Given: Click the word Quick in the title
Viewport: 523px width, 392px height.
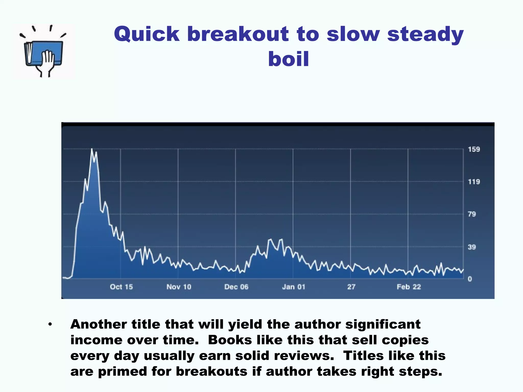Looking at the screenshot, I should [147, 34].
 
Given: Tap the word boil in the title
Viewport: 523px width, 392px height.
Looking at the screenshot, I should [289, 59].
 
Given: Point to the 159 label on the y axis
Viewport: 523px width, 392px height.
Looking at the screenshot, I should [474, 149].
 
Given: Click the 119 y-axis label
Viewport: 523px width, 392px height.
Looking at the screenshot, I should [474, 182].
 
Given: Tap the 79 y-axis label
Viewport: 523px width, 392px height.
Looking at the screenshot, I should [472, 214].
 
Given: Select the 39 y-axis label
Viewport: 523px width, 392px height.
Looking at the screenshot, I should [472, 247].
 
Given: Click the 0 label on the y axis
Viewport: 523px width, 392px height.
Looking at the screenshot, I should [470, 279].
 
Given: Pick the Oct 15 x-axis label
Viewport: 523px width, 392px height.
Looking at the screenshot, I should [121, 287].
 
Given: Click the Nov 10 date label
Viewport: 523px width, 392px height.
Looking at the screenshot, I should [179, 287].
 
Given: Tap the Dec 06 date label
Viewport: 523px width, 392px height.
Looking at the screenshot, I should [236, 287].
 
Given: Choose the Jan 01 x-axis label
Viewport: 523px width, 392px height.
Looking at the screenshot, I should [294, 287].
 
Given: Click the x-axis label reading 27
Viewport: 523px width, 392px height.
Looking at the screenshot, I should [351, 287].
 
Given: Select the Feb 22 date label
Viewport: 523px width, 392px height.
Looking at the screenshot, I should [409, 287].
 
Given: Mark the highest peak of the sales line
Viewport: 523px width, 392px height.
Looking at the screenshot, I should [92, 149].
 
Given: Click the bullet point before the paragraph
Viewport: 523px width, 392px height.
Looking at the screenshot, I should [50, 325].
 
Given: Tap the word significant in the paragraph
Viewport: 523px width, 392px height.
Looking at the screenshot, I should [383, 324].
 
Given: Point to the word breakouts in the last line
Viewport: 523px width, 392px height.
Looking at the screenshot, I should [211, 372].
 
